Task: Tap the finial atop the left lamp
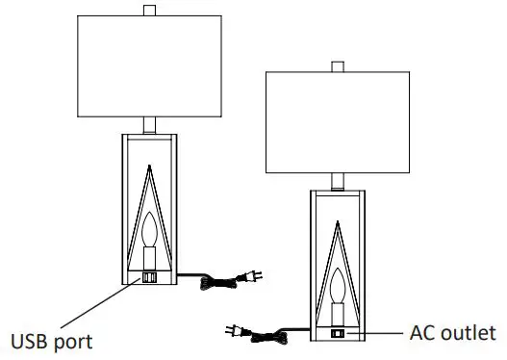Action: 148,11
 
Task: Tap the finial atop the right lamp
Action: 337,66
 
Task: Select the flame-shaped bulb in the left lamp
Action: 148,231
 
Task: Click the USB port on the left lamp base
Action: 148,277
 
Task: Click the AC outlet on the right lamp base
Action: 337,333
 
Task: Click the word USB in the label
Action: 32,341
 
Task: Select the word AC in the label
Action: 422,333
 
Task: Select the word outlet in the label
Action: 470,333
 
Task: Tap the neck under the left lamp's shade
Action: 148,125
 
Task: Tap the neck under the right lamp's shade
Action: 337,180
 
